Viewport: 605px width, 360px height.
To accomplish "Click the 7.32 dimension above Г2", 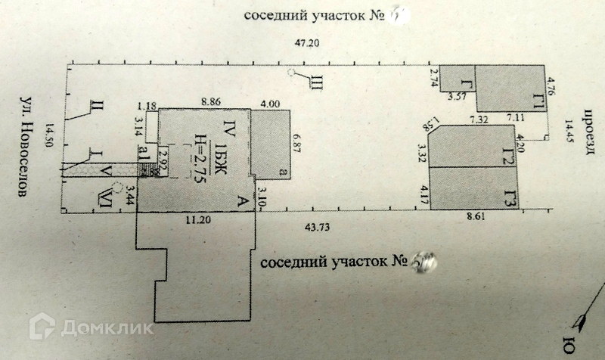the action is coord(479,119).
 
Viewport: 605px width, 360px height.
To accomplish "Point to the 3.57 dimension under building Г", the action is coord(457,97).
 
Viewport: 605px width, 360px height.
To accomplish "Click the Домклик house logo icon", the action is coord(42,326).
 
